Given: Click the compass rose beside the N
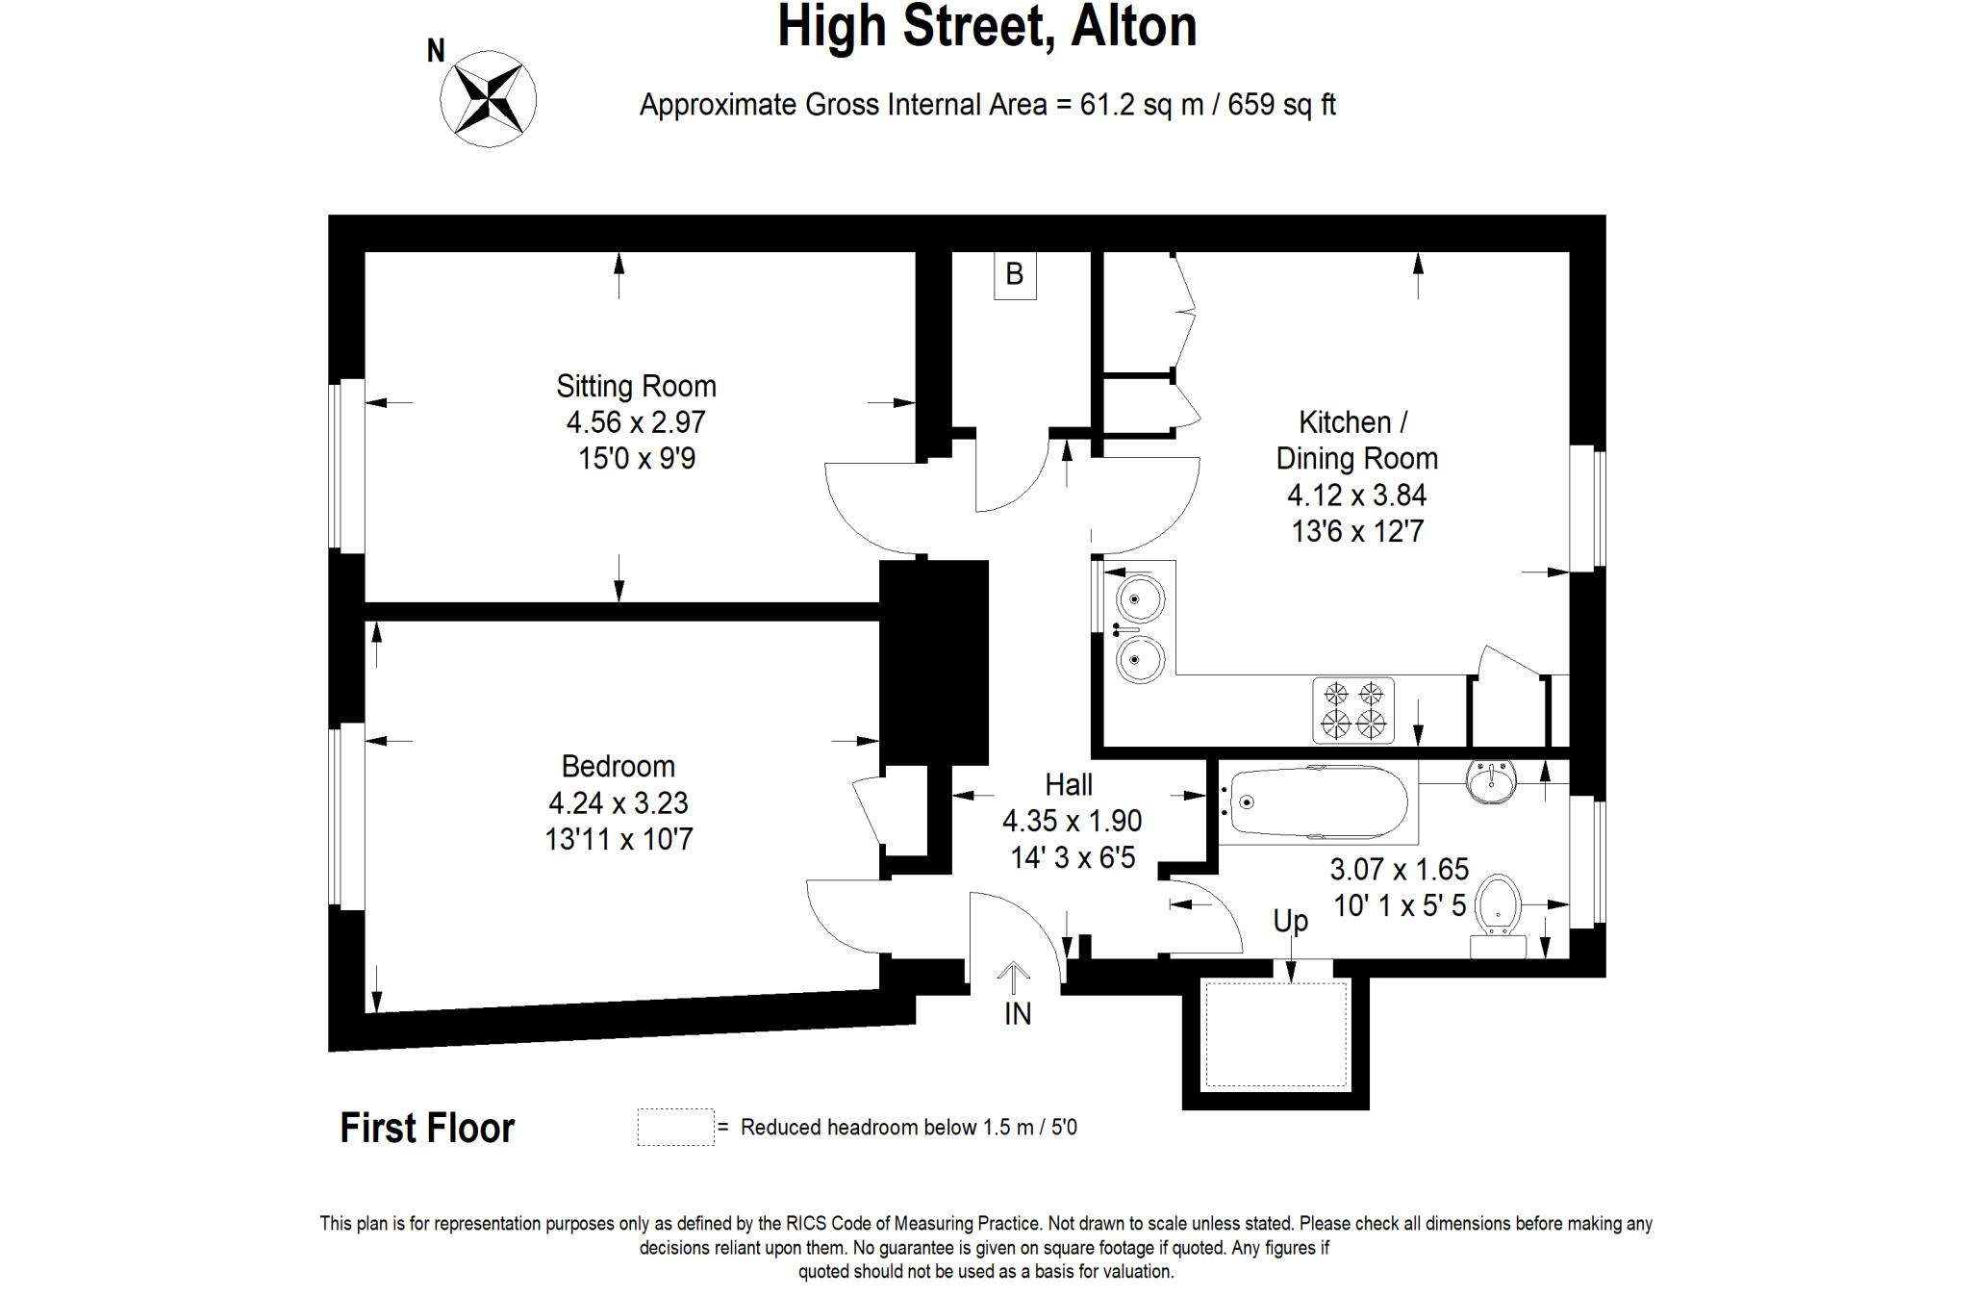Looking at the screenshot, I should coord(488,99).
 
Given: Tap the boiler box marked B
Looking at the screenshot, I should coord(1014,275).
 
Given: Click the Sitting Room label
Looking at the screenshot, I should coord(636,386).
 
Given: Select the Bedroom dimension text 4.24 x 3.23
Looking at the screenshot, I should coord(618,802).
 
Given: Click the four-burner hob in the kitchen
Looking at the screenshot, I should coord(1352,710).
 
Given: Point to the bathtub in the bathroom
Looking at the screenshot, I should coord(1316,802).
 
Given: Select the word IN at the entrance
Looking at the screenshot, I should coord(1017,1014).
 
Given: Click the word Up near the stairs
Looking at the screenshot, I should coord(1290,921).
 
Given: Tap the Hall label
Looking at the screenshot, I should coord(1069,785).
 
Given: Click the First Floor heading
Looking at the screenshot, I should coord(427,1128).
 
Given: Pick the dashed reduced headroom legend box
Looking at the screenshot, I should coord(675,1127).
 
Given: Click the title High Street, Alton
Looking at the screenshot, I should coord(987,26).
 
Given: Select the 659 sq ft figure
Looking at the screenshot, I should coord(1281,104).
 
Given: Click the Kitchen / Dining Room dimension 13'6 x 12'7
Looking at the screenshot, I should coord(1356,531).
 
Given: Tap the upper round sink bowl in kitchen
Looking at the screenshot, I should coord(1139,598).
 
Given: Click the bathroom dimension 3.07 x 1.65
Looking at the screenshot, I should coord(1399,870).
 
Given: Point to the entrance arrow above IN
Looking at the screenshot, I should coord(1013,977).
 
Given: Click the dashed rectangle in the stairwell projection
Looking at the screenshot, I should coord(1275,1034).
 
